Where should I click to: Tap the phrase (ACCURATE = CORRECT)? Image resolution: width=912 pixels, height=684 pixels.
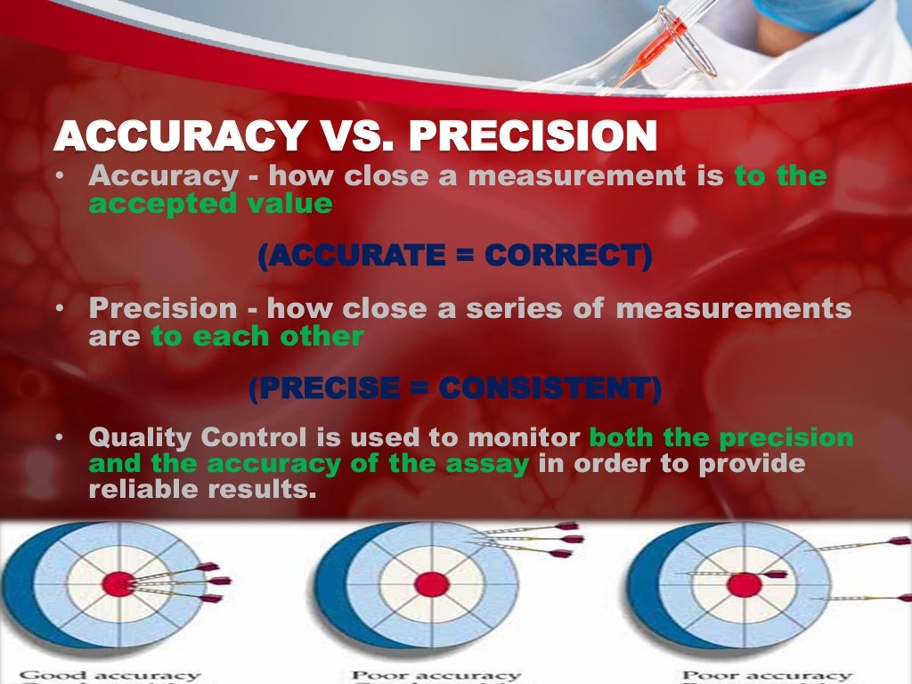coord(454,256)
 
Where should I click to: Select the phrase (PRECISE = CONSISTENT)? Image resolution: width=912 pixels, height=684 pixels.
coord(454,389)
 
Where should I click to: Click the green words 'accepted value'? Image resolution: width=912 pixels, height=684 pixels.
coord(210,204)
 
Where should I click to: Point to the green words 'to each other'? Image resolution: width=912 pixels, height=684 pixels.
coord(257,337)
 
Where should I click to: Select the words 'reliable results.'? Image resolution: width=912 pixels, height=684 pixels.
coord(202,490)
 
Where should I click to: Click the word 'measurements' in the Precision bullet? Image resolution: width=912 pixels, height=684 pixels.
coord(733,310)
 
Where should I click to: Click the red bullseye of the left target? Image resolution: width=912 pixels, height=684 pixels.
coord(118,584)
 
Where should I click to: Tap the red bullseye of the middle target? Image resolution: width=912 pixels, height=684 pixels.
coord(432,584)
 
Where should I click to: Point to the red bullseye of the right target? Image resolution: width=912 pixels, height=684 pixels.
coord(744,585)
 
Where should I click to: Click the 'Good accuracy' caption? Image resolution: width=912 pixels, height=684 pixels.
coord(110,676)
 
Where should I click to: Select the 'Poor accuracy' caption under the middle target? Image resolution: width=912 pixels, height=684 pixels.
coord(436,676)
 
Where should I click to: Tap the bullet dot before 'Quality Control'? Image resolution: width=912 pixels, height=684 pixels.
coord(58,439)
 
